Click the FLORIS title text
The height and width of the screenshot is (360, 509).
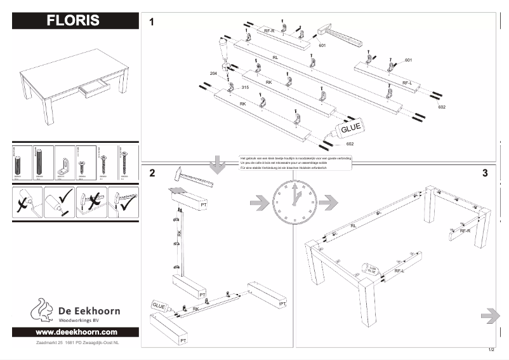pos(73,20)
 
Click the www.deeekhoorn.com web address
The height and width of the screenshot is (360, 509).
pos(76,332)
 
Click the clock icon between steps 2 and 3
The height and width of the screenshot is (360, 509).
pos(294,203)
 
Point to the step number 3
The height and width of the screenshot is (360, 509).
pos(485,173)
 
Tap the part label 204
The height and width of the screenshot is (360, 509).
pos(213,74)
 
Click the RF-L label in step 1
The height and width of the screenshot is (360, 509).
pos(407,83)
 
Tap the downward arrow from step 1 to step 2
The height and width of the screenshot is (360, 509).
pos(217,164)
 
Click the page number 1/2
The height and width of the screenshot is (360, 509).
pos(491,350)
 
